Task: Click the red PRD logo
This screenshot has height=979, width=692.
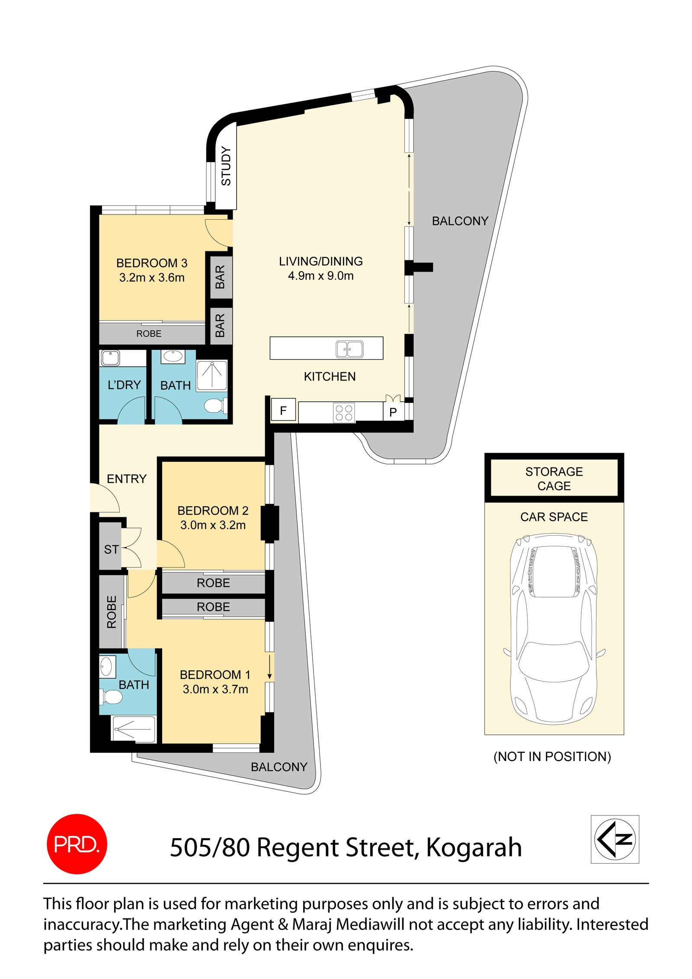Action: pos(77,844)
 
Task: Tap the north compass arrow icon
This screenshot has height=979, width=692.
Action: pos(614,839)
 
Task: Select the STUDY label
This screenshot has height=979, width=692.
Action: pos(226,166)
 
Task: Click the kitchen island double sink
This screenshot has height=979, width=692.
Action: pos(349,349)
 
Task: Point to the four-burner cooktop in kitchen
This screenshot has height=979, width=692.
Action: pos(344,412)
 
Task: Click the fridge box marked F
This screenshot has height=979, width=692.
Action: pos(283,410)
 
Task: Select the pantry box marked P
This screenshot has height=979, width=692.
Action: pos(393,412)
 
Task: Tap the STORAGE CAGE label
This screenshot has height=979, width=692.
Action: pos(554,478)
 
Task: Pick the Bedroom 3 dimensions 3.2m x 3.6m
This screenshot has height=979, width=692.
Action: pos(152,278)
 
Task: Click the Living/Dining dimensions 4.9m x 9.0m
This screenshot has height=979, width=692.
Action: pos(320,276)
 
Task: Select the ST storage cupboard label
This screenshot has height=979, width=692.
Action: pos(111,549)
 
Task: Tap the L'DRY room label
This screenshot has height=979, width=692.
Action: pos(124,385)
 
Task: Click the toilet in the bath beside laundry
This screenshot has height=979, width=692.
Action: pos(214,406)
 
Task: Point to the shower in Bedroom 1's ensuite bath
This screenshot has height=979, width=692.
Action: pos(133,729)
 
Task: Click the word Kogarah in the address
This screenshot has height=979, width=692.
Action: pos(474,847)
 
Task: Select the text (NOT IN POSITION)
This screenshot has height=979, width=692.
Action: pos(552,756)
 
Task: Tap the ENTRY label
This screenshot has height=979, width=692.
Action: pos(126,479)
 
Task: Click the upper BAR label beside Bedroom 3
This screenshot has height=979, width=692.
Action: pos(220,277)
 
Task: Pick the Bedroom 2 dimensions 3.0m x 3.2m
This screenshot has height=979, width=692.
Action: pos(213,525)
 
